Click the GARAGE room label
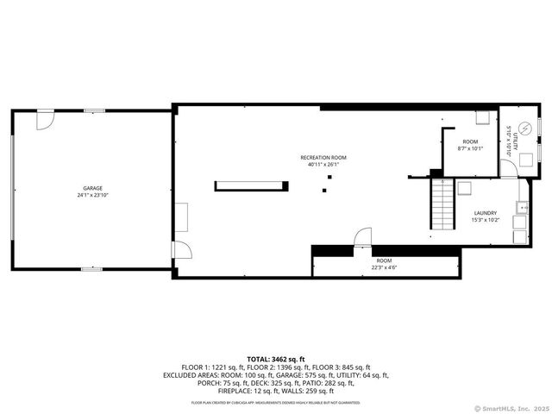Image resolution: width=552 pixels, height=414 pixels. click(92, 188)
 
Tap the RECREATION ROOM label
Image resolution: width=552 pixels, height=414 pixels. click(323, 157)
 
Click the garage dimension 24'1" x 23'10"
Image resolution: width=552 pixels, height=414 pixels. click(92, 195)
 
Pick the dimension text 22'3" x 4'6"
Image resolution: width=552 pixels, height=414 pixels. click(384, 267)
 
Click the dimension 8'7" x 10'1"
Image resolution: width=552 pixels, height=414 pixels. click(470, 148)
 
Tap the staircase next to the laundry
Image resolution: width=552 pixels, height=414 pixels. click(442, 207)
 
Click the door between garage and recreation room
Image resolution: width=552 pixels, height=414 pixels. click(180, 250)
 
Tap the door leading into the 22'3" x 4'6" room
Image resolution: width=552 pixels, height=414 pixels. click(363, 236)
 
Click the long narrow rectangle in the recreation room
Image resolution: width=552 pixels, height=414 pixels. click(249, 184)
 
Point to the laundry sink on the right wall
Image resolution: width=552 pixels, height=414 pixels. click(522, 207)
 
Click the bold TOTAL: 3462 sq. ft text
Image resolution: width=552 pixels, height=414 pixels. click(276, 358)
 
